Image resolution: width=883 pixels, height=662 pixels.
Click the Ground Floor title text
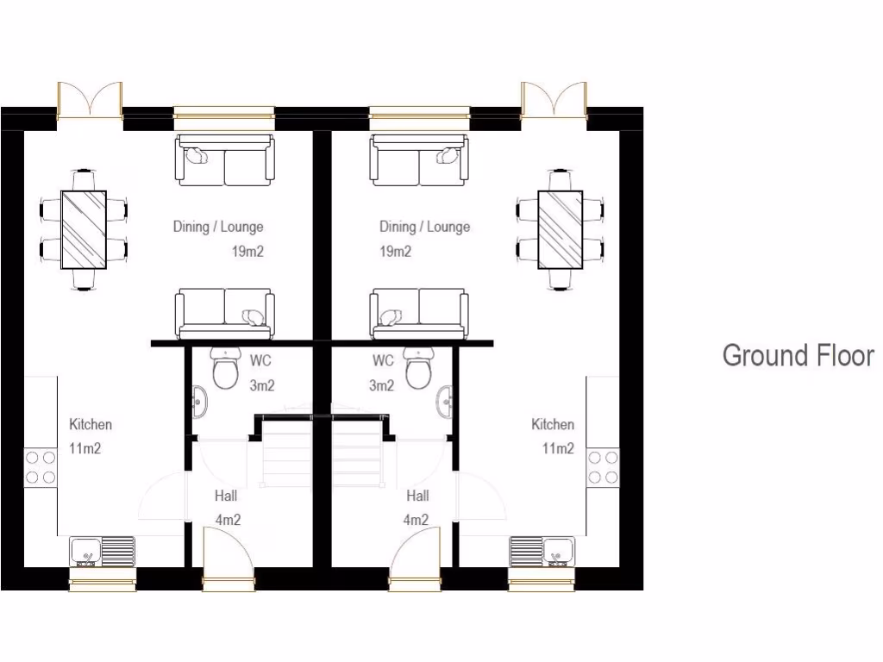click(x=798, y=355)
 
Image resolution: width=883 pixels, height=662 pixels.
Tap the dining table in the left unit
click(x=84, y=229)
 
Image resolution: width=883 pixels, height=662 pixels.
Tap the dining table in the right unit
click(x=560, y=229)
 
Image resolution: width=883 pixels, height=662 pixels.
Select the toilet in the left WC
click(x=226, y=371)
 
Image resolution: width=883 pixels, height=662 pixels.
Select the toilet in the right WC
click(x=418, y=371)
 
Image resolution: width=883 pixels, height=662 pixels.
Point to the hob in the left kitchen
click(x=41, y=467)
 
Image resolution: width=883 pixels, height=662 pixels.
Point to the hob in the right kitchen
click(x=603, y=467)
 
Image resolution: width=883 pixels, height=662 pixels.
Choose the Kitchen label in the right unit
click(x=553, y=424)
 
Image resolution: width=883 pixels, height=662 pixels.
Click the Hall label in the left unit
click(x=225, y=496)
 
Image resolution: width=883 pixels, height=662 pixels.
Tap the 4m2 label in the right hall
click(x=416, y=520)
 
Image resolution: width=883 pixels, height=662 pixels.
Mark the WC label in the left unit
click(x=260, y=360)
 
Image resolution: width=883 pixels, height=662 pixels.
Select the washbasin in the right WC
click(x=446, y=401)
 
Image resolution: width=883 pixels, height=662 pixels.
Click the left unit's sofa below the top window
click(x=226, y=160)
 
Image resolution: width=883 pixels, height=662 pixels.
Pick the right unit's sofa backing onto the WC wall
click(x=419, y=314)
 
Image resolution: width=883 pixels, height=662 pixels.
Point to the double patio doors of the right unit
click(x=554, y=102)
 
